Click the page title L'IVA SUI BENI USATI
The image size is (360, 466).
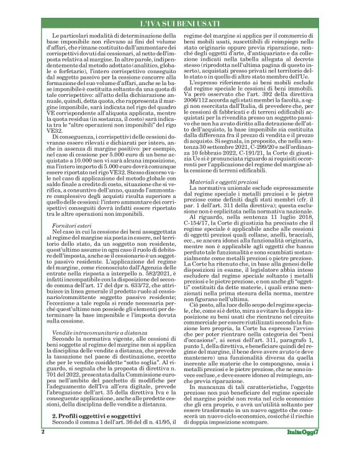pos(179,24)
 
